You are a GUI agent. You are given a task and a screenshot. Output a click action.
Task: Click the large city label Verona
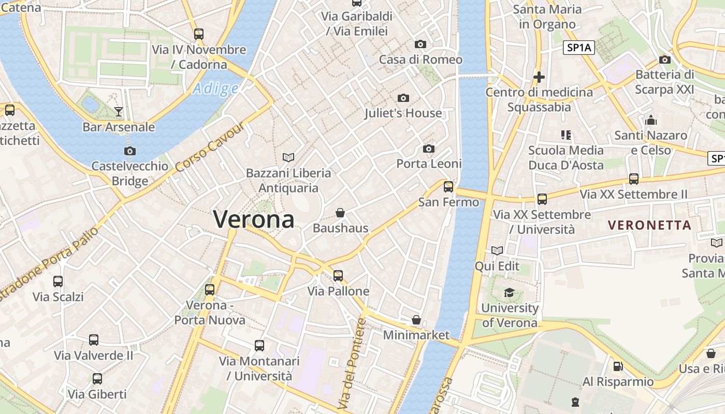point(254,219)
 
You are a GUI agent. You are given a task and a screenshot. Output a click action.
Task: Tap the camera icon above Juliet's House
point(403,98)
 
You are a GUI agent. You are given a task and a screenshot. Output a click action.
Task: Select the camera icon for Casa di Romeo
point(421,44)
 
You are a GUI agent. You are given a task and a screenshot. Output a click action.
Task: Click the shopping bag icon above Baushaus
point(340,213)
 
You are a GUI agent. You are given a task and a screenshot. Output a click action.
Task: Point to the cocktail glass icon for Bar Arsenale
point(119,111)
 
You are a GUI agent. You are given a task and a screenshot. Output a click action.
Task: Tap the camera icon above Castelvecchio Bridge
point(129,151)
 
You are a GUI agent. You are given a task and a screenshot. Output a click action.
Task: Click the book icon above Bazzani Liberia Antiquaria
point(288,157)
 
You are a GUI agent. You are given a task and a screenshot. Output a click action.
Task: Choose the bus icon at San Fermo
point(448,186)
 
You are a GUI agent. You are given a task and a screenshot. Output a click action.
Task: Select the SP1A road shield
point(579,48)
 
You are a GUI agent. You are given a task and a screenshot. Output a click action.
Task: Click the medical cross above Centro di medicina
point(539,77)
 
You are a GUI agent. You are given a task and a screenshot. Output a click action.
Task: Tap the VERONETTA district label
point(650,225)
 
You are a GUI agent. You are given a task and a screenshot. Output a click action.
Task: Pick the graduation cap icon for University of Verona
point(509,292)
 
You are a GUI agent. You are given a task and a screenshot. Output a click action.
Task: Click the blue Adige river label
point(215,89)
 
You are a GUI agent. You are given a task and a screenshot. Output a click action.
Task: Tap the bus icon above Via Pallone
point(338,276)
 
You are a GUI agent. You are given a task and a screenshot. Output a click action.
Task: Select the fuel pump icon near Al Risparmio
point(618,366)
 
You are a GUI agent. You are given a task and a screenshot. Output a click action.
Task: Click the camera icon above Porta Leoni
point(428,149)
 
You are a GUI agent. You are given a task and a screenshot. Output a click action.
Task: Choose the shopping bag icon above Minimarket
point(416,320)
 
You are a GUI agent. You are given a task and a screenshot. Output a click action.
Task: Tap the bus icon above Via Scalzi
point(58,282)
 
